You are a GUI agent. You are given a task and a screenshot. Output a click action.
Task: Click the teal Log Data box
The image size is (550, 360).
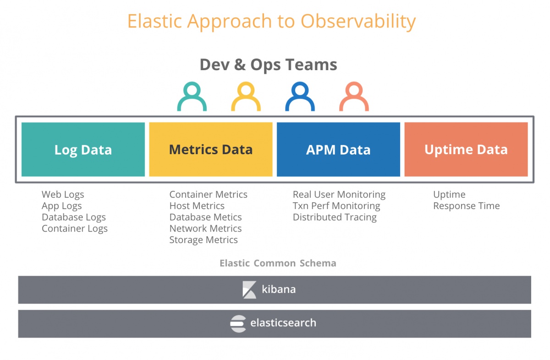click(83, 150)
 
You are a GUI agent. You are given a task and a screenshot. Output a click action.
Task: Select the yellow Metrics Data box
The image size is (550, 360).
click(211, 150)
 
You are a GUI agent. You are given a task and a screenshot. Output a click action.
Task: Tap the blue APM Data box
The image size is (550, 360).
click(338, 150)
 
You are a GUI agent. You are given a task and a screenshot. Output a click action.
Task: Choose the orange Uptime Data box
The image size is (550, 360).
click(466, 150)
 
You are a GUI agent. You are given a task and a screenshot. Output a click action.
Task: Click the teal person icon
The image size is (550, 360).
click(192, 97)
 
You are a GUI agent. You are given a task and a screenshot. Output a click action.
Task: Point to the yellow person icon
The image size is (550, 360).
click(246, 97)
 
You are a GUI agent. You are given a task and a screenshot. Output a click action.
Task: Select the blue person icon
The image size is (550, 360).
click(300, 97)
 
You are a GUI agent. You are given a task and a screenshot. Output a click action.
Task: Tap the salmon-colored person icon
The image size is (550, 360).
click(354, 97)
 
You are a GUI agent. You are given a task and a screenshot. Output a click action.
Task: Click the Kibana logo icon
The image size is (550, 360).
click(249, 290)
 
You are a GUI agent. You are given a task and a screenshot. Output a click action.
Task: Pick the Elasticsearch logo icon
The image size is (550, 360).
click(238, 323)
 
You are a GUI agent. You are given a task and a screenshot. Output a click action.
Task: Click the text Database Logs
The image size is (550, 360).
click(74, 217)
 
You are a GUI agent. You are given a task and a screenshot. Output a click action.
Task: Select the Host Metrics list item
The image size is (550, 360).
click(197, 206)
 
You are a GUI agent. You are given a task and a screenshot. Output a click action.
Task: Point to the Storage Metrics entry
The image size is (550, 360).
click(203, 240)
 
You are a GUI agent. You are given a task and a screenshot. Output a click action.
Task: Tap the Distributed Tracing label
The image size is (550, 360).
click(335, 217)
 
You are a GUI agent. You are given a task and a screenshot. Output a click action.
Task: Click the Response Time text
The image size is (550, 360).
click(467, 206)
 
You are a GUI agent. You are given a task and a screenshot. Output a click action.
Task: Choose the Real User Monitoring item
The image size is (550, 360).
click(339, 194)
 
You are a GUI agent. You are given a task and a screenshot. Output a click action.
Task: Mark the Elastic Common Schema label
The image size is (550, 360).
click(278, 263)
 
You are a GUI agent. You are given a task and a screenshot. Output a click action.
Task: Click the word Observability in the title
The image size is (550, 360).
click(358, 22)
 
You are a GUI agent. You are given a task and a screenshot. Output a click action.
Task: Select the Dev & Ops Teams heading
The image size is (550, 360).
click(269, 65)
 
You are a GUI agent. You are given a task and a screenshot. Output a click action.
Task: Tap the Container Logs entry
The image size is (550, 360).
click(75, 228)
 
